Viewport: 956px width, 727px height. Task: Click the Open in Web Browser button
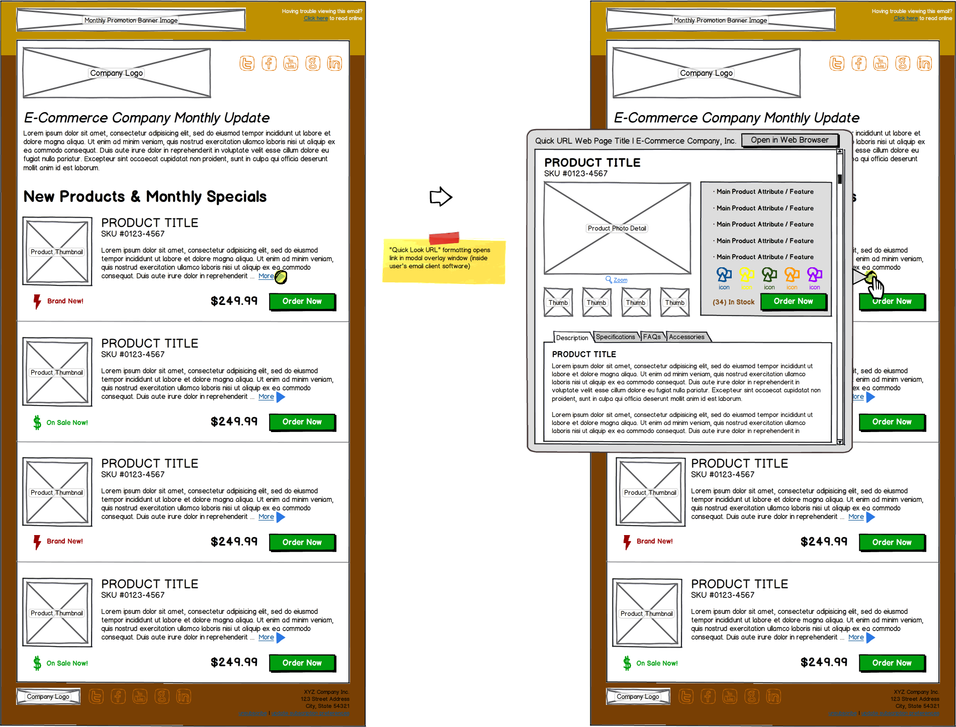click(790, 140)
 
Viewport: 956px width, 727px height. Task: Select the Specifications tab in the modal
click(615, 337)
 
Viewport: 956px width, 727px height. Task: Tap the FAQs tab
click(652, 337)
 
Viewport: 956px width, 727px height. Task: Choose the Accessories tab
click(686, 337)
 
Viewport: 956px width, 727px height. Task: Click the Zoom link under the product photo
click(620, 280)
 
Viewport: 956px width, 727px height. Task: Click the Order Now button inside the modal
click(793, 301)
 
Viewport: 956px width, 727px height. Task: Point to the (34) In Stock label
click(733, 302)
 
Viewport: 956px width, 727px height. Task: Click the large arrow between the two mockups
click(441, 196)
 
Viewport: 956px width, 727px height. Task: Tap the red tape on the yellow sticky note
click(444, 238)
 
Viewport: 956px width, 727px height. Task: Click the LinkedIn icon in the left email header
click(334, 63)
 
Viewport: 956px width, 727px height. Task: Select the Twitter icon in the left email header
click(247, 63)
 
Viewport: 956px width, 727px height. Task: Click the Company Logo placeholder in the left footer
click(48, 696)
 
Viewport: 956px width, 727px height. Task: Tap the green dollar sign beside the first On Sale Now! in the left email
click(37, 423)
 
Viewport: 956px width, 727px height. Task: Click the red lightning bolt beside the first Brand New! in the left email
click(37, 301)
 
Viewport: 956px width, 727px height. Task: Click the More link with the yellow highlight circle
click(267, 276)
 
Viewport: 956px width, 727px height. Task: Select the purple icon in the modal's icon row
click(814, 274)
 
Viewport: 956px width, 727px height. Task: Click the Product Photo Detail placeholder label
click(617, 228)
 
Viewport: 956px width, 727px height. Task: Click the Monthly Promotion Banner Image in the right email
click(720, 20)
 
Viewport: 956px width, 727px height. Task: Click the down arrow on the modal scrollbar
click(839, 442)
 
